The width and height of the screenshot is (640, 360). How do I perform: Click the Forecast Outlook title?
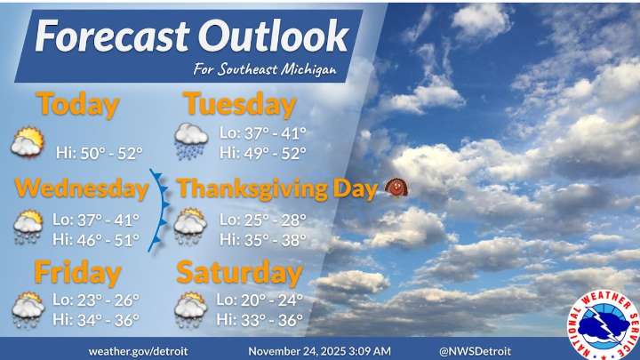192,36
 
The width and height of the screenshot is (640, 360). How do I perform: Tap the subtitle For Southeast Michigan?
265,70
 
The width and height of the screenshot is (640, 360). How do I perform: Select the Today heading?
77,104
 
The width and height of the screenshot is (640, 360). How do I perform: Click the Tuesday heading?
239,104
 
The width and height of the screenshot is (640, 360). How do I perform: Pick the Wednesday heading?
81,188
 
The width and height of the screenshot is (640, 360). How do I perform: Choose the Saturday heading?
239,271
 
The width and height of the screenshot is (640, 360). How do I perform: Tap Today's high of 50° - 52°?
99,153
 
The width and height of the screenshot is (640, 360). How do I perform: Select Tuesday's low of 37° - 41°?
262,133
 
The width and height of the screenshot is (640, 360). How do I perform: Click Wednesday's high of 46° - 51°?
96,238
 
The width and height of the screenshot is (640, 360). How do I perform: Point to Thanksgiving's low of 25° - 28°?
262,220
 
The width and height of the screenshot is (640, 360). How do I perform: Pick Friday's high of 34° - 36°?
96,319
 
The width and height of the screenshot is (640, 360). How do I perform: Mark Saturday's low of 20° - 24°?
260,300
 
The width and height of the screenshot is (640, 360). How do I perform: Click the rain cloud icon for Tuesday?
191,140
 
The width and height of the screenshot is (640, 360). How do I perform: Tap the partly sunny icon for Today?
28,142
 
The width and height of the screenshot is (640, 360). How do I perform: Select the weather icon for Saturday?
191,308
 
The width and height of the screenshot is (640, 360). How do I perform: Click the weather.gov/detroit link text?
138,350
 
